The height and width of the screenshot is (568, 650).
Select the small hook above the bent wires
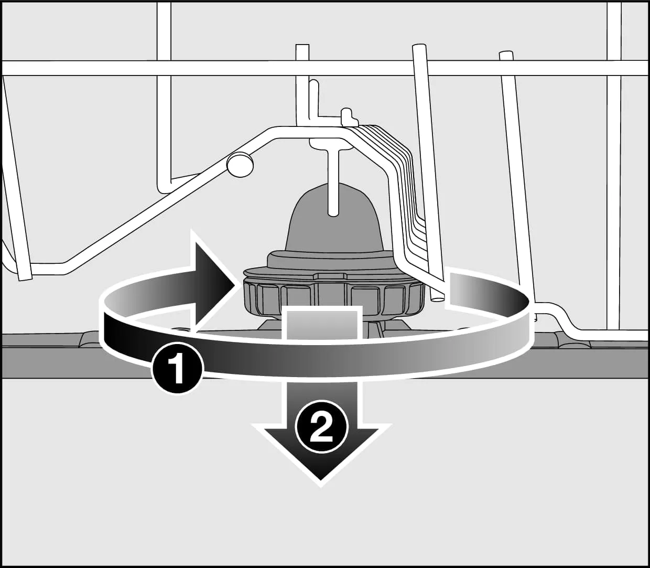point(347,114)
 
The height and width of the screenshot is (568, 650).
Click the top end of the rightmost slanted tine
point(505,55)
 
